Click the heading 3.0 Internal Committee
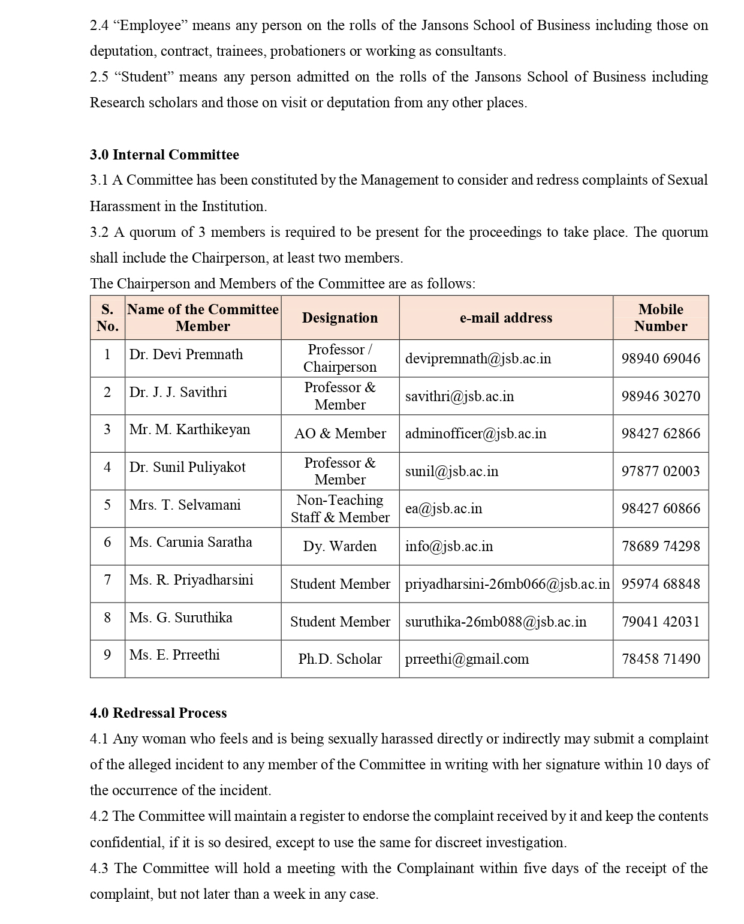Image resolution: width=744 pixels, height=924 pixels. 164,155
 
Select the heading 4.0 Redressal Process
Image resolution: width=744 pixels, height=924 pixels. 158,713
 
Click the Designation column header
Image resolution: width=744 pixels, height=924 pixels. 340,318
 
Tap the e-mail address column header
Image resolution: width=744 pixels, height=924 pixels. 506,318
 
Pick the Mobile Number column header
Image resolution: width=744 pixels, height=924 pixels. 661,318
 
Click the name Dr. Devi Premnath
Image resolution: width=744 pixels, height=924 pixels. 186,354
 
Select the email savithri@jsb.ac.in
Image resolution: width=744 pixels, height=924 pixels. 459,396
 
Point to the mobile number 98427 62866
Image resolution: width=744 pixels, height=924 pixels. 661,434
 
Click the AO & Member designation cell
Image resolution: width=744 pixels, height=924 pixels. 340,434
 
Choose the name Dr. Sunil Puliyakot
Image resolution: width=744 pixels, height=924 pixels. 187,467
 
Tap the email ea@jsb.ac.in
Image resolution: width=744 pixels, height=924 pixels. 444,508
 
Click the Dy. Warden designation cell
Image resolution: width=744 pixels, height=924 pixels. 340,546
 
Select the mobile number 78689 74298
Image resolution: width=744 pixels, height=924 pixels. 661,546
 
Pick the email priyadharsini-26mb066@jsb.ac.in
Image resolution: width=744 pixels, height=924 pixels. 507,584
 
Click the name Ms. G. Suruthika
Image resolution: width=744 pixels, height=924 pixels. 180,618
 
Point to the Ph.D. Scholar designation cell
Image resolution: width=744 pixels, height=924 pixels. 340,659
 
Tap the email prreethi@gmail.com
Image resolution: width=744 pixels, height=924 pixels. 467,659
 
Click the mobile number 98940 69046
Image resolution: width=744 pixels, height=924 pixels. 661,359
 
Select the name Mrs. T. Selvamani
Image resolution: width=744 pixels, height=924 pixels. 185,505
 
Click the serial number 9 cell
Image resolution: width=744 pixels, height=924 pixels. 107,655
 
